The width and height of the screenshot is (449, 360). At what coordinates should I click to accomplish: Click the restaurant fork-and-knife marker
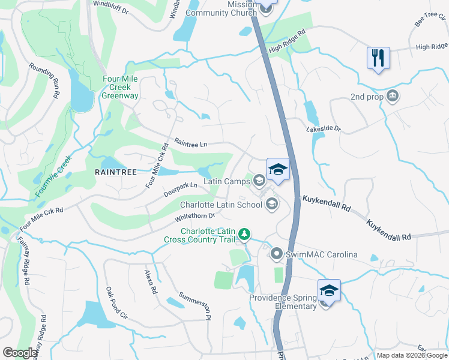tap(378, 59)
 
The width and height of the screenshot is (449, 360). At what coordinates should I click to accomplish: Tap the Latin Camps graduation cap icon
tap(259, 179)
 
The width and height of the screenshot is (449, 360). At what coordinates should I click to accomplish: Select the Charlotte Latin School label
tap(221, 205)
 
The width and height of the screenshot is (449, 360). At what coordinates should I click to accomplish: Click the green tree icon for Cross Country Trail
tap(244, 233)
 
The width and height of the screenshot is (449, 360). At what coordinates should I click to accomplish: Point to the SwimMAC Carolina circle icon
tap(276, 254)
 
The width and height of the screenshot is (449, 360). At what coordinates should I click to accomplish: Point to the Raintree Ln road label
tap(190, 143)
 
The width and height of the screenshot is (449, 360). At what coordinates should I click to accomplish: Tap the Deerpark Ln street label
tap(180, 190)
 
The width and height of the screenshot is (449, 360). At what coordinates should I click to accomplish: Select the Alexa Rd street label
tap(151, 281)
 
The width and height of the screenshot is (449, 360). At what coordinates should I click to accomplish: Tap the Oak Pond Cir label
tap(118, 303)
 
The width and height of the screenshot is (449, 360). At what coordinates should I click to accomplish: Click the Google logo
tap(20, 353)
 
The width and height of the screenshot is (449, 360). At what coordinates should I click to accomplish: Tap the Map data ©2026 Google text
tap(411, 355)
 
